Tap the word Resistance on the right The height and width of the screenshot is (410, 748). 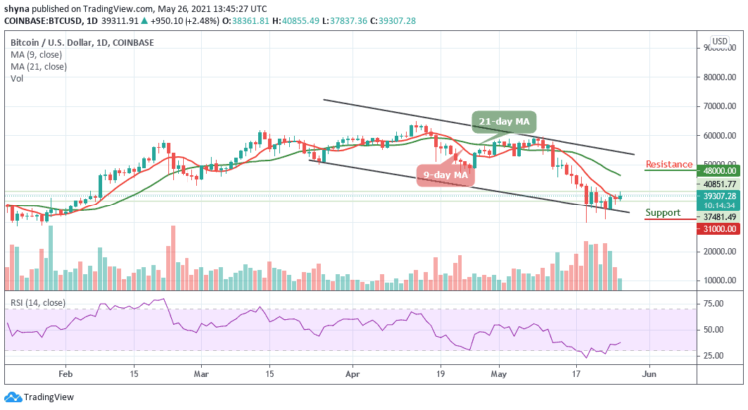670,163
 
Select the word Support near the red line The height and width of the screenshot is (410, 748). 662,213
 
